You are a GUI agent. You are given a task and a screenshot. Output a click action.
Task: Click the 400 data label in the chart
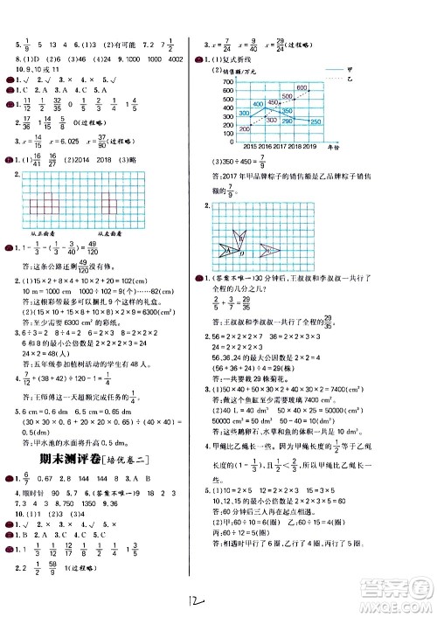click(x=257, y=104)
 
